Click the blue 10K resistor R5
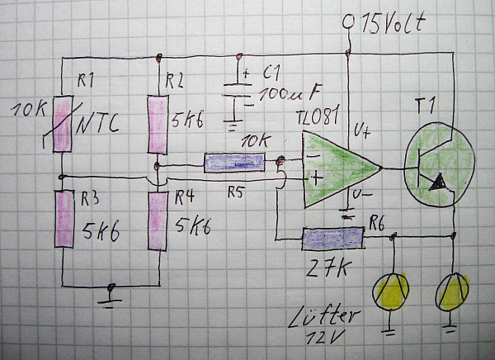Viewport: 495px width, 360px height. click(237, 163)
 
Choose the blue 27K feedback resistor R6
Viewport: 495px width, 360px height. click(332, 239)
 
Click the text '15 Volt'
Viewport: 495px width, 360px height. click(393, 22)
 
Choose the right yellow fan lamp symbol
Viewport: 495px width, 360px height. click(453, 291)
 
